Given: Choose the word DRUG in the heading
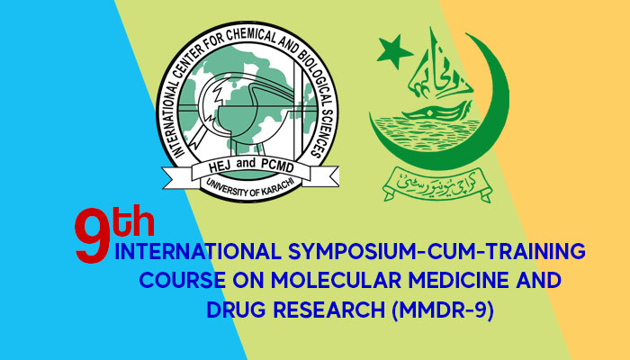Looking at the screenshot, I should point(235,310).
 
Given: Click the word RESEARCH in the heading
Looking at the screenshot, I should point(327,310).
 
